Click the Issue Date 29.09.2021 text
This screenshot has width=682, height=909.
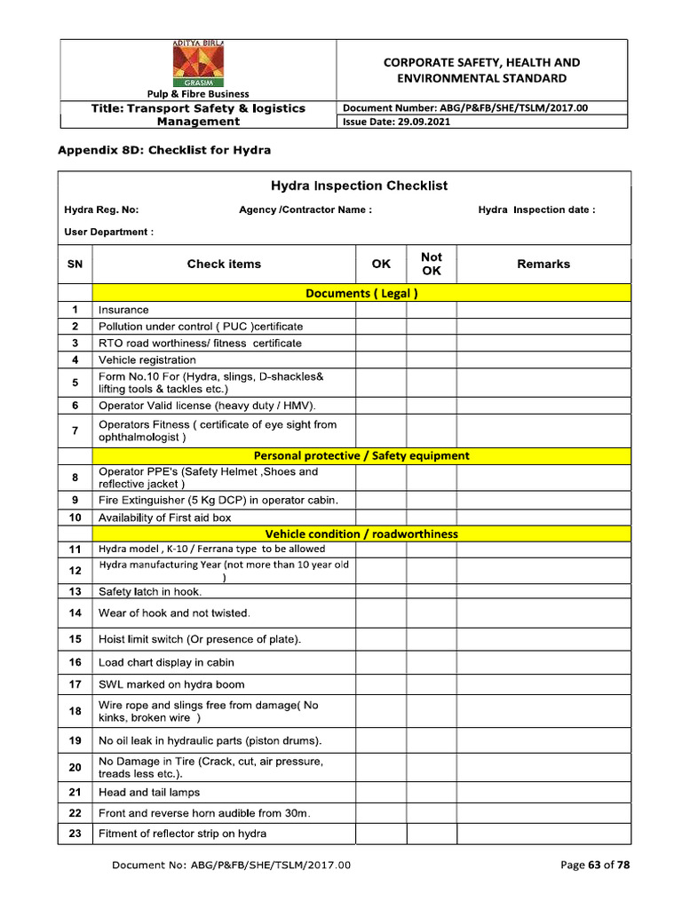point(396,122)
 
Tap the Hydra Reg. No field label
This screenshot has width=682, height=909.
point(101,210)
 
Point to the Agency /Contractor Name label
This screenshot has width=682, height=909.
point(305,210)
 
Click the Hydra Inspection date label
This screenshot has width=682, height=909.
point(536,210)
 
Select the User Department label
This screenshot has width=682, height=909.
point(108,232)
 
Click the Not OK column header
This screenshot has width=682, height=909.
point(432,264)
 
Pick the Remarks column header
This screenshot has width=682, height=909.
point(543,264)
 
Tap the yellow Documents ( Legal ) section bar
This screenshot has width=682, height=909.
point(361,293)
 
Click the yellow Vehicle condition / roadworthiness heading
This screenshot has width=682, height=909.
point(361,534)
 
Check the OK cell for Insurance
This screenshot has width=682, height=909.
point(381,310)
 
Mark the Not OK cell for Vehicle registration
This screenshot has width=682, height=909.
point(432,360)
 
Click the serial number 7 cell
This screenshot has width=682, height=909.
point(75,431)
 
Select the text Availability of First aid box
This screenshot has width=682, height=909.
point(164,518)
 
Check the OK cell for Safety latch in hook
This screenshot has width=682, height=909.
point(381,591)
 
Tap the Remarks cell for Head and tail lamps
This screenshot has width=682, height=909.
point(543,793)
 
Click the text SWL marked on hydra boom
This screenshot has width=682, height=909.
point(171,684)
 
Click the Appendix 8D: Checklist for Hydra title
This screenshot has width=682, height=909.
point(164,150)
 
